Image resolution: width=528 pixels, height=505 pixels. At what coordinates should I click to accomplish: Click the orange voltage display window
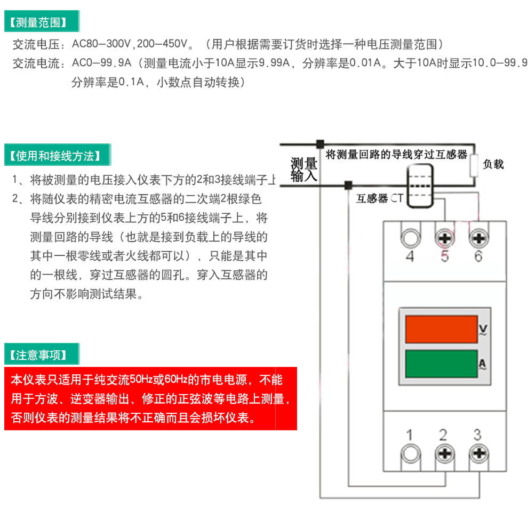click(441, 329)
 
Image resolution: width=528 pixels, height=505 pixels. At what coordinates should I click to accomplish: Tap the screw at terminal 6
click(478, 237)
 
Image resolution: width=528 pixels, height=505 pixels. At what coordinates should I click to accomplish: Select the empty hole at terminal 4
click(410, 237)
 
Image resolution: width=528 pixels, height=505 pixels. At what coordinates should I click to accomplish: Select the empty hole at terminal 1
click(409, 454)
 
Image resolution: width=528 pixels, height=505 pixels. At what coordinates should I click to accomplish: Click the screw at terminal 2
click(443, 454)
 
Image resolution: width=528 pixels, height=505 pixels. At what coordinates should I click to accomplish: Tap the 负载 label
click(493, 165)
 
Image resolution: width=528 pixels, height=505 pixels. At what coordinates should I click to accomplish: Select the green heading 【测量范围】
click(42, 22)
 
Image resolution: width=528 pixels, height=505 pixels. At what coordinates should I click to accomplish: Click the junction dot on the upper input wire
click(320, 144)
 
